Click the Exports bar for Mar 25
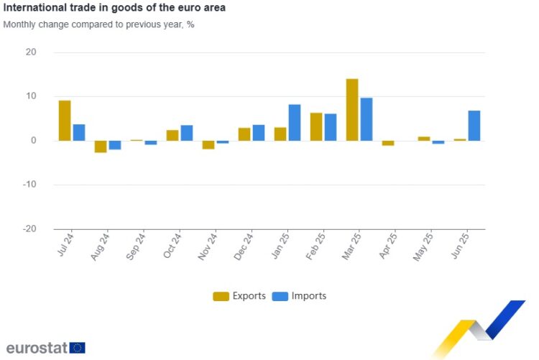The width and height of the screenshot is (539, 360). (x=352, y=109)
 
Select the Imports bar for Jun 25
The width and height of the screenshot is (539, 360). (x=474, y=126)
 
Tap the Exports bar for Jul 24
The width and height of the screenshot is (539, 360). (x=65, y=121)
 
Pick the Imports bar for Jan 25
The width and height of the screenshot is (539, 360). (x=295, y=123)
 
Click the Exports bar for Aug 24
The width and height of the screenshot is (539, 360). (x=101, y=147)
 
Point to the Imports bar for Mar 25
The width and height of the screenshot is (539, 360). (x=367, y=119)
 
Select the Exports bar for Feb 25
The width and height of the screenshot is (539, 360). (x=316, y=126)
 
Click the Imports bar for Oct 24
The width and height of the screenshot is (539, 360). (x=187, y=133)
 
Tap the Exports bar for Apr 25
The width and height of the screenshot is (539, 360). (x=388, y=143)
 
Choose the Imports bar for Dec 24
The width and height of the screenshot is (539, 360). (x=259, y=133)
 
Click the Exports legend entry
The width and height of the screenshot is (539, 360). (x=240, y=296)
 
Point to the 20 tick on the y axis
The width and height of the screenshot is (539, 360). (x=30, y=52)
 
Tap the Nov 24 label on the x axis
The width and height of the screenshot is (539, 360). (x=209, y=246)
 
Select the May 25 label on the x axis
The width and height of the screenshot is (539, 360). (x=425, y=246)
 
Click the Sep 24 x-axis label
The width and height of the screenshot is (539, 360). (x=137, y=246)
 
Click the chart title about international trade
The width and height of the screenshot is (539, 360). (x=114, y=9)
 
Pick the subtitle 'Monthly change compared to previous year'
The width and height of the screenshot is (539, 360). (x=98, y=24)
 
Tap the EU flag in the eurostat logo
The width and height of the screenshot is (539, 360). (x=78, y=348)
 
